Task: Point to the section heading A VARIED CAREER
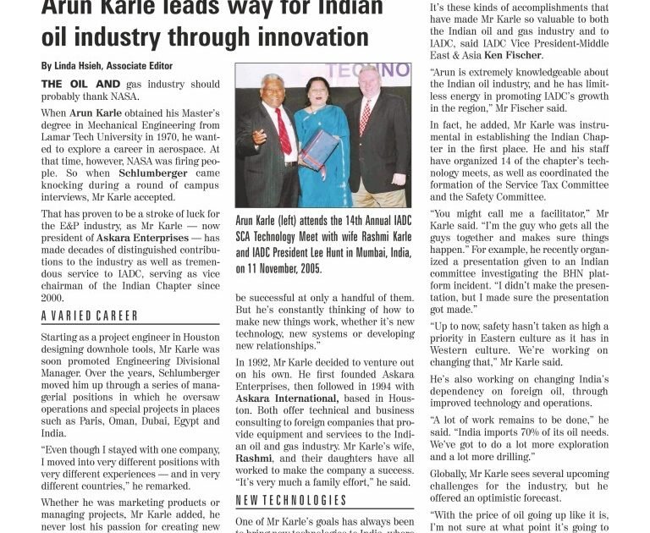tap(90, 316)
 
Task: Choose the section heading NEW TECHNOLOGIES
tap(291, 500)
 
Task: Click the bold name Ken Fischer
tap(512, 55)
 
